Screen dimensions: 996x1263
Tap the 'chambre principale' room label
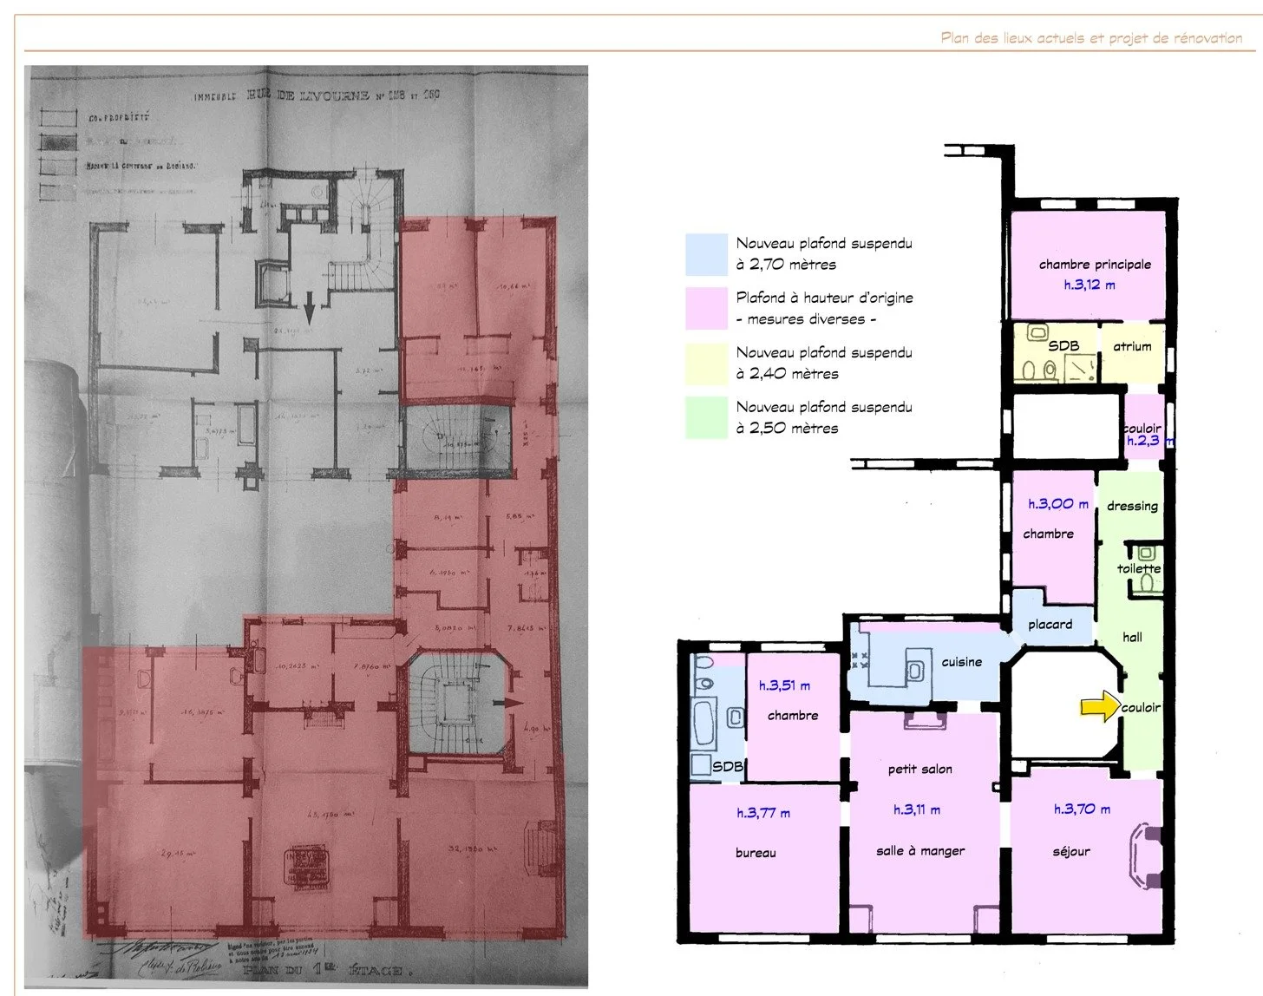(x=1095, y=265)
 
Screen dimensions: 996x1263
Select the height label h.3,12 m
(x=1090, y=285)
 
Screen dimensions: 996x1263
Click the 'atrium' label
(x=1132, y=346)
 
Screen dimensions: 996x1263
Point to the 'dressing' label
(x=1132, y=506)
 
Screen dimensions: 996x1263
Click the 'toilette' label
(x=1138, y=569)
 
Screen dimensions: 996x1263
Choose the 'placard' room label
(x=1050, y=625)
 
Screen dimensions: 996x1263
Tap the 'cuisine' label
(x=962, y=662)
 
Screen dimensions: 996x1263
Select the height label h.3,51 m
(x=784, y=685)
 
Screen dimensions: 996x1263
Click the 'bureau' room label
(x=756, y=853)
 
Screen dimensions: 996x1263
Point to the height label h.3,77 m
(x=763, y=813)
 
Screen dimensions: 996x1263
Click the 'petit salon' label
(x=919, y=770)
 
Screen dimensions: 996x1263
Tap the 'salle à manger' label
(x=920, y=851)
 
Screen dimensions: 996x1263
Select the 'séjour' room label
(x=1071, y=852)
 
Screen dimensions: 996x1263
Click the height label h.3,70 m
(x=1082, y=809)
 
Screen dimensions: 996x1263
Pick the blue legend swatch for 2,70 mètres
(x=706, y=254)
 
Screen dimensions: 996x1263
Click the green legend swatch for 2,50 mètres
(x=706, y=417)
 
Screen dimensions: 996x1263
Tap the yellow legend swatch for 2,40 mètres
(x=706, y=364)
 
